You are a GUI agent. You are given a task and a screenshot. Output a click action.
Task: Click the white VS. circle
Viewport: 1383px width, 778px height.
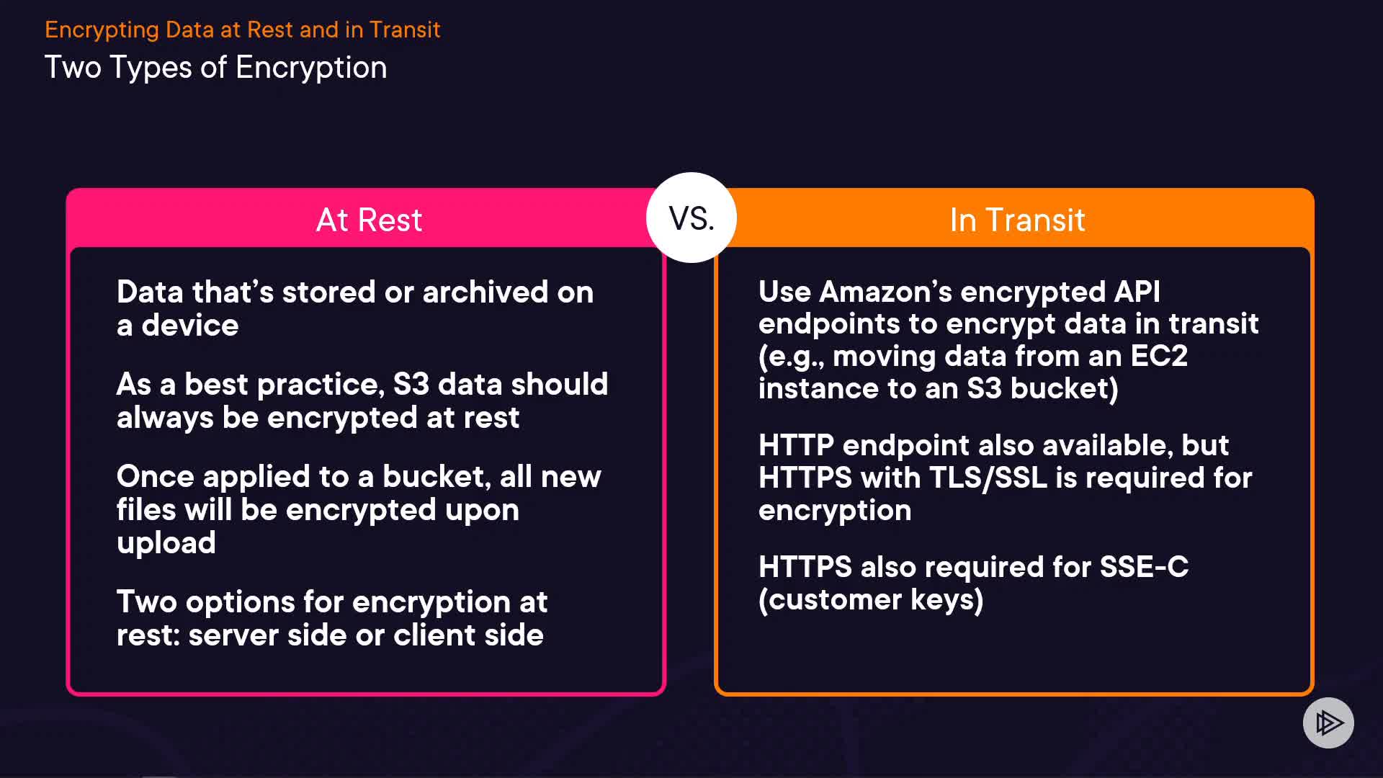pos(691,218)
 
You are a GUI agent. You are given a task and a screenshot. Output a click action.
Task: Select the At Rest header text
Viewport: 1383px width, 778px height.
pos(369,220)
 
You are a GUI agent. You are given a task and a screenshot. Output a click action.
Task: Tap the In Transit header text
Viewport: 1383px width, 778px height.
pos(1016,220)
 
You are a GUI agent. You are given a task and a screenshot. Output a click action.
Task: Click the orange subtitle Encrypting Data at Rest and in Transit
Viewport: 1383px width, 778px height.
pos(242,30)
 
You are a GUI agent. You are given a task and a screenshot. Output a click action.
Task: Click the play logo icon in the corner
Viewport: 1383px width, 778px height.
pos(1328,723)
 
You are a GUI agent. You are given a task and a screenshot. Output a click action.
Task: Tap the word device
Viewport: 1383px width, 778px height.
pos(189,326)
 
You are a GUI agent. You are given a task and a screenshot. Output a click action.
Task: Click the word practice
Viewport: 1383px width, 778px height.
pos(320,385)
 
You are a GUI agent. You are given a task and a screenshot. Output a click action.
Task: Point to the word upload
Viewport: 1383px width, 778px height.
pos(166,544)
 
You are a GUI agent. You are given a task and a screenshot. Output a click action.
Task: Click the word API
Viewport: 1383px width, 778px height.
pos(1137,292)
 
